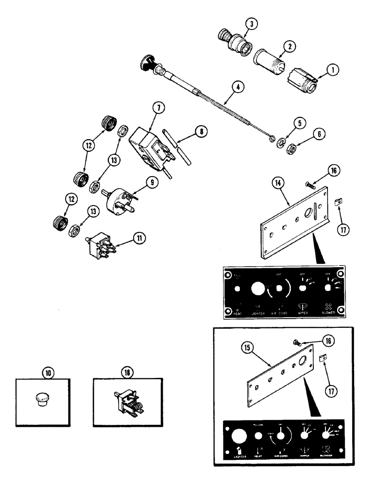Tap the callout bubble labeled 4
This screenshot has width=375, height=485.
pyautogui.click(x=237, y=88)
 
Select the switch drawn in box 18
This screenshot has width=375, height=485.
pyautogui.click(x=126, y=401)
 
